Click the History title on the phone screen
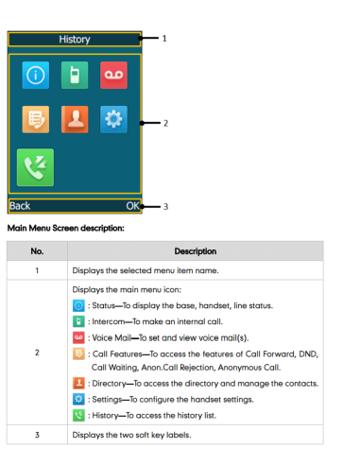point(75,40)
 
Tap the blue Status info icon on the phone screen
point(36,75)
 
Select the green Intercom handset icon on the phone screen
point(75,75)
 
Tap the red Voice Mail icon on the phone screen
point(113,75)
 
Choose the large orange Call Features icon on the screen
point(36,119)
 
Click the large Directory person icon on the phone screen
point(75,119)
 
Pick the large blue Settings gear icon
point(113,119)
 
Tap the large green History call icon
point(35,167)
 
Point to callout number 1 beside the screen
point(164,39)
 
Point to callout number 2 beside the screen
point(165,123)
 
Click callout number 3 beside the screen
point(165,207)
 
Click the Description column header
point(196,251)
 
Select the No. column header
point(37,251)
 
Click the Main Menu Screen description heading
point(66,228)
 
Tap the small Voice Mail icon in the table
point(78,337)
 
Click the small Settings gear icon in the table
point(78,399)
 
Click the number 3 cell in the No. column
point(37,435)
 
